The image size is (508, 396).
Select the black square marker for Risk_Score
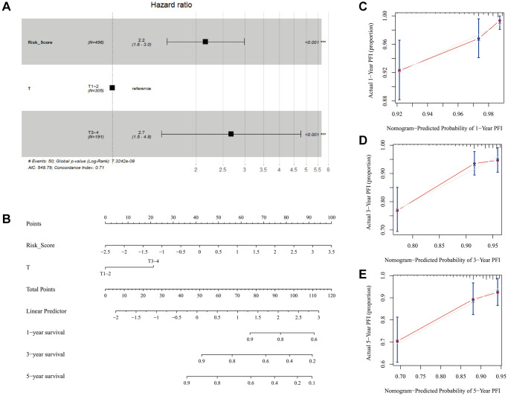[205, 42]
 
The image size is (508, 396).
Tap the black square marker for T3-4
[231, 134]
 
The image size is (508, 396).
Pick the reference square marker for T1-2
[112, 87]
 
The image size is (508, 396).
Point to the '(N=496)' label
[97, 42]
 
